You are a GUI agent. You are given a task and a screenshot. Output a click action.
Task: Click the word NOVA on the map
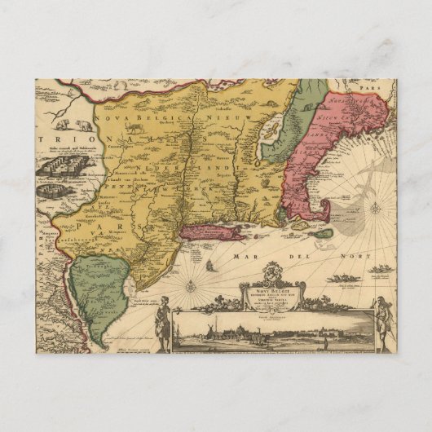(x=112, y=119)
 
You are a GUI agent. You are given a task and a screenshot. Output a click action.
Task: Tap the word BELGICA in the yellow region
(x=159, y=119)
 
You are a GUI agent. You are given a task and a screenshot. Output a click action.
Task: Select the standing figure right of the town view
(x=381, y=320)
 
